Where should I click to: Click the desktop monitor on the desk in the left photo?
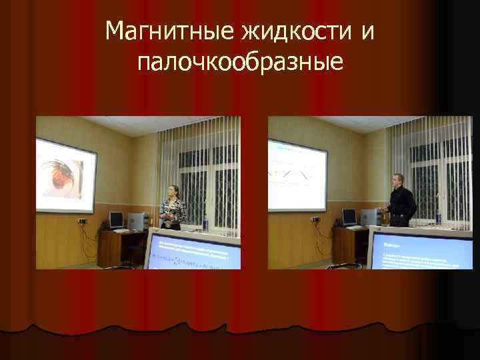[116, 219]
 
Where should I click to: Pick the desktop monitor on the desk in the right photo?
[349, 217]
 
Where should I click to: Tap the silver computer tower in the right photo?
[369, 217]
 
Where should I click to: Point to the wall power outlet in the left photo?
[83, 221]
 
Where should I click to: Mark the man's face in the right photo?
[399, 180]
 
